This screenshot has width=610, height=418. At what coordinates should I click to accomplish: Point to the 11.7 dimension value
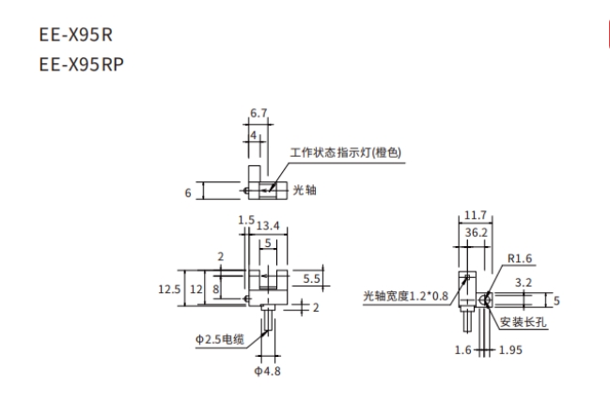click(x=476, y=217)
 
